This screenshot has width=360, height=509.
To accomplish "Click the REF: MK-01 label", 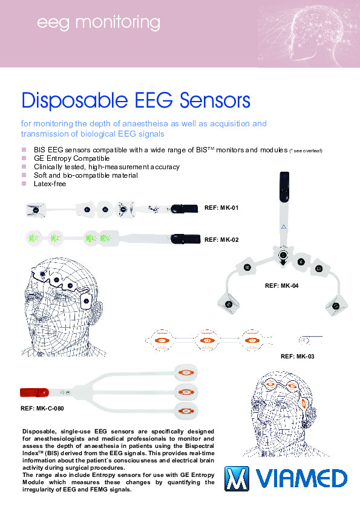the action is coord(221,208).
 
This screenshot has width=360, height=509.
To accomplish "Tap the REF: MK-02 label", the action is coord(221,240).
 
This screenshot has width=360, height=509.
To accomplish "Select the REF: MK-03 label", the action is coord(297,357).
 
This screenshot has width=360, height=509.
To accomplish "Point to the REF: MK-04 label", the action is coord(282,286).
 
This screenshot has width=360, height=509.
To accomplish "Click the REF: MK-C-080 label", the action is coord(42,409).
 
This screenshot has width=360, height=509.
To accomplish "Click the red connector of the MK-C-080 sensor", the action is coord(34,392).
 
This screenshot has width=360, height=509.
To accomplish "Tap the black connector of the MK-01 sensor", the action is coord(184,209).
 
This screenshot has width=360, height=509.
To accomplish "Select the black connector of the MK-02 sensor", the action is coord(186,239).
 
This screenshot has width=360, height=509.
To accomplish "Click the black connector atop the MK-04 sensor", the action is coord(284,187).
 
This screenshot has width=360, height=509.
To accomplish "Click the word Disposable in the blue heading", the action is coord(74,100).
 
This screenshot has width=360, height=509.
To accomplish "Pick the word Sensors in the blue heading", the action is coord(215,100).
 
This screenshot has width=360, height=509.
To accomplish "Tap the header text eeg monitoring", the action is coord(99,23).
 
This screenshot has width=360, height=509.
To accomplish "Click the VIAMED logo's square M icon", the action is coord(237,479).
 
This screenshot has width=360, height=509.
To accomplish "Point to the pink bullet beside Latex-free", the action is coord(24,183).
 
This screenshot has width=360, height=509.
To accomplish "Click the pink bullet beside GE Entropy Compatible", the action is coord(24,158).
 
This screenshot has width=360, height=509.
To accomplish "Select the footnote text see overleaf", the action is coord(307,151).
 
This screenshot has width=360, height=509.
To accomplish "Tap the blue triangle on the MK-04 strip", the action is coord(284,227).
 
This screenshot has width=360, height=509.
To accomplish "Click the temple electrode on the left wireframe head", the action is coord(87,301).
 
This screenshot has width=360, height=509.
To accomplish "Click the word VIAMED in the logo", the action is coord(302,479).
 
